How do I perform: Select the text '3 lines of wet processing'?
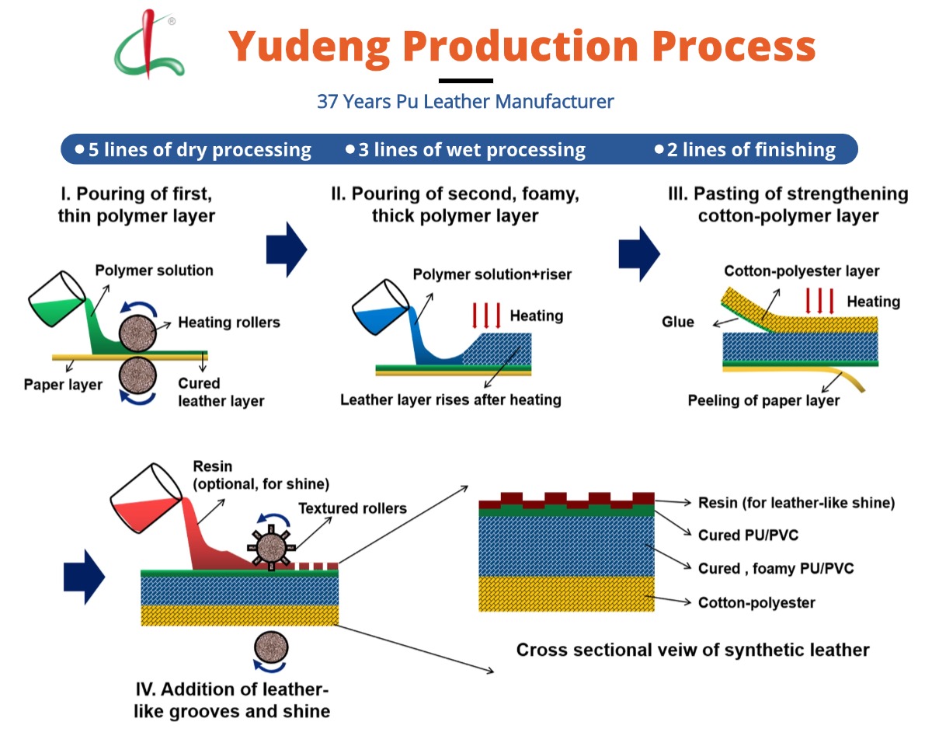coord(465,149)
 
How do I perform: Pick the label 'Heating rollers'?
coord(228,322)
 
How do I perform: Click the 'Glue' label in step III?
coord(678,322)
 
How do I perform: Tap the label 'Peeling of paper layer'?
coord(763,401)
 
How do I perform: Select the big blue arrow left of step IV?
coord(83,577)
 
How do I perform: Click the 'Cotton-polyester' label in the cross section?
coord(756,602)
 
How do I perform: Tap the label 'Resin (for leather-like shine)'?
coord(796,503)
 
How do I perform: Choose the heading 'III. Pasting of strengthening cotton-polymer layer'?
coord(788,204)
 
